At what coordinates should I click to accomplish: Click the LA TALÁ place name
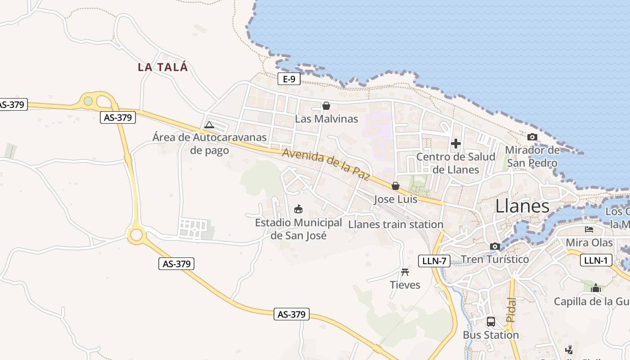click(x=162, y=67)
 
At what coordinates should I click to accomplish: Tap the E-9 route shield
click(x=288, y=79)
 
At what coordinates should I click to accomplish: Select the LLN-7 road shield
click(x=434, y=261)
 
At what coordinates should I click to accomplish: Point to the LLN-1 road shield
click(x=596, y=260)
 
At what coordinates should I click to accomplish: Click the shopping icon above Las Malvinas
click(x=326, y=106)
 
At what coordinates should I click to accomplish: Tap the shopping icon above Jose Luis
click(x=396, y=186)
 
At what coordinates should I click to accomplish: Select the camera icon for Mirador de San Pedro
click(x=532, y=137)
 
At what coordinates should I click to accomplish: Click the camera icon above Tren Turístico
click(x=495, y=246)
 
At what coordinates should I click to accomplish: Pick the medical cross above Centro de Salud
click(x=456, y=144)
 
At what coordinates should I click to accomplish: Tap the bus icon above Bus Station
click(x=490, y=322)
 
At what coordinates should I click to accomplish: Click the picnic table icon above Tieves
click(x=405, y=272)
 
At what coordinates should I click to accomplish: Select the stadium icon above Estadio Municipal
click(x=298, y=209)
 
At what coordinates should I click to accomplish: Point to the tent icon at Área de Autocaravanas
click(x=209, y=124)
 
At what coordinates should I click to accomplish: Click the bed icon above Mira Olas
click(x=589, y=229)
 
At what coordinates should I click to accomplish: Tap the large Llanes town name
click(x=522, y=206)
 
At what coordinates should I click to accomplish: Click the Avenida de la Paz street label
click(x=326, y=164)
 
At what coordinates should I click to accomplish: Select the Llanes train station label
click(x=396, y=224)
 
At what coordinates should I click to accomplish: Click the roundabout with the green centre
click(x=88, y=101)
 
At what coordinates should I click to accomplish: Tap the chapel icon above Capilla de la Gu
click(x=596, y=288)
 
